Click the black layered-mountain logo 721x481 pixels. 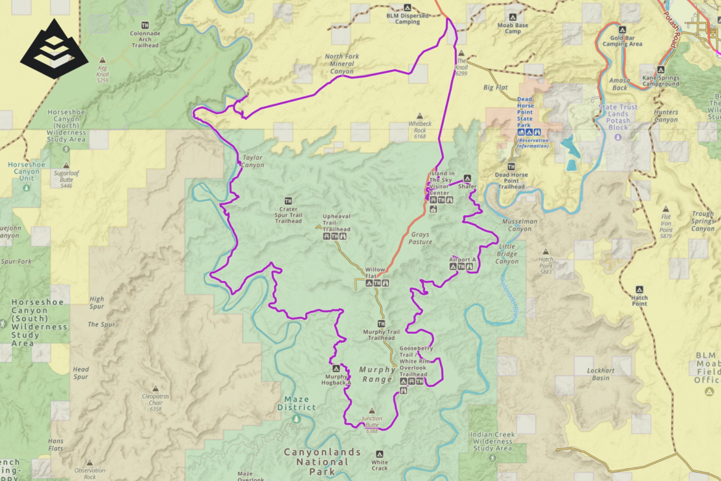point(54,48)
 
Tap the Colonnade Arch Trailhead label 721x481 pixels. point(145,39)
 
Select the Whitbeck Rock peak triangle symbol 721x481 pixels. point(420,115)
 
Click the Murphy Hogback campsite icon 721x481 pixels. point(336,368)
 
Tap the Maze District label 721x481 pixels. point(296,403)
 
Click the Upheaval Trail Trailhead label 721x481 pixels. point(336,223)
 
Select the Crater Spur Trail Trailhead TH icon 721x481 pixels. point(288,201)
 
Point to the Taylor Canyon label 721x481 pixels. point(253,161)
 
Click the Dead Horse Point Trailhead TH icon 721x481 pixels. point(511,166)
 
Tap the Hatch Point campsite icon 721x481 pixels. point(639,289)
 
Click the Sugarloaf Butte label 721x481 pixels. point(66,178)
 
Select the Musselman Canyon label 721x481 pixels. point(519,225)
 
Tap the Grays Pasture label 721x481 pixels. point(421,238)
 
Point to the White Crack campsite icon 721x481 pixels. point(380,454)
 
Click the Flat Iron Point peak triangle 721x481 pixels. point(666,210)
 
